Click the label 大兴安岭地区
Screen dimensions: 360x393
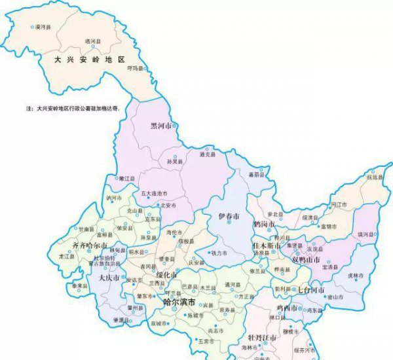(x=89, y=59)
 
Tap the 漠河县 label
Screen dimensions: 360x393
(x=44, y=27)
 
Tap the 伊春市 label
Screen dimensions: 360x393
(x=229, y=216)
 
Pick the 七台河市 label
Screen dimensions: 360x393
(x=312, y=289)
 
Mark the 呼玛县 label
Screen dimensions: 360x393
(x=135, y=68)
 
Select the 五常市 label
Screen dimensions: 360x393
(x=206, y=340)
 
